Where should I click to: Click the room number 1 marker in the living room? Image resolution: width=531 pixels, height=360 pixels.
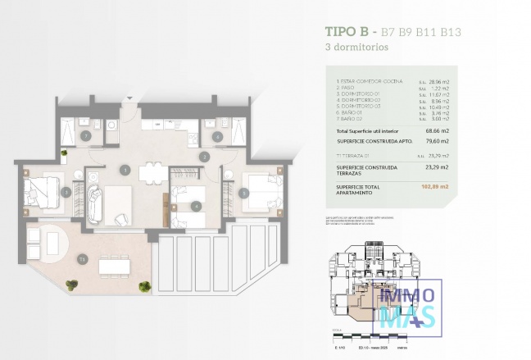125,170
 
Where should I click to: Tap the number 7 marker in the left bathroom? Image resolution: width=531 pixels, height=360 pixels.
85,135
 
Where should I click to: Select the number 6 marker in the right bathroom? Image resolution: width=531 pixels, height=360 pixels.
217,136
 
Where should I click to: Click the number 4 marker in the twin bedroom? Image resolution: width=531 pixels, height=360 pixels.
196,205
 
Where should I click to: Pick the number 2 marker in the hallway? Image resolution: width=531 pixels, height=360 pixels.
205,156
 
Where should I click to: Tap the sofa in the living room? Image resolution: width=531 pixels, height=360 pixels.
94,203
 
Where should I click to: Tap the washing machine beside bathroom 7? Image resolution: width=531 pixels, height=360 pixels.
111,126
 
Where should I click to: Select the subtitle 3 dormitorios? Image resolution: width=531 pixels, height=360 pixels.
355,48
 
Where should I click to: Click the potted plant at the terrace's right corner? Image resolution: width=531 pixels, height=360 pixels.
145,286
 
